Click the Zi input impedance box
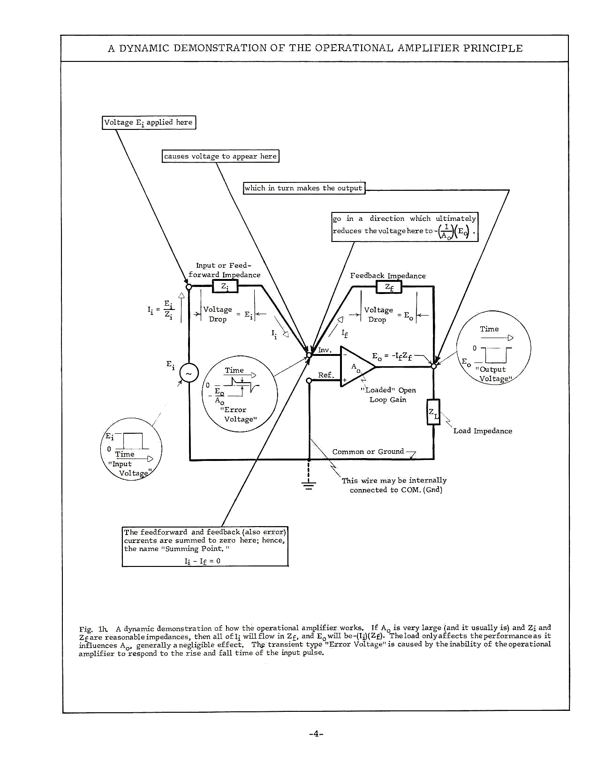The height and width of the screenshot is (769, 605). pyautogui.click(x=225, y=286)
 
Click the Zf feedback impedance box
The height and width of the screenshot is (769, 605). pyautogui.click(x=389, y=286)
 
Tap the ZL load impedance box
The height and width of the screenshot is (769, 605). pyautogui.click(x=433, y=412)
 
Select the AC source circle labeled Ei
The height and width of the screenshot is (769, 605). pyautogui.click(x=189, y=373)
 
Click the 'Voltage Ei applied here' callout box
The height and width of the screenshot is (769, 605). pyautogui.click(x=149, y=122)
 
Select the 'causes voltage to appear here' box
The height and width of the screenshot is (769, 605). pyautogui.click(x=220, y=156)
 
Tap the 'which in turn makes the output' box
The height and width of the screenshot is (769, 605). pyautogui.click(x=304, y=188)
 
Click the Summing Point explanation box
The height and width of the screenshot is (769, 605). pyautogui.click(x=205, y=546)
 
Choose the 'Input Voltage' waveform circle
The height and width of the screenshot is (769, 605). pyautogui.click(x=131, y=449)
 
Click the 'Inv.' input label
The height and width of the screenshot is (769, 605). pyautogui.click(x=325, y=350)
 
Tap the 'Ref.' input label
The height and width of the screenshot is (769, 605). pyautogui.click(x=326, y=375)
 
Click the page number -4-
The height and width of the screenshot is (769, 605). pyautogui.click(x=316, y=734)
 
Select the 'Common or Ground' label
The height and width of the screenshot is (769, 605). pyautogui.click(x=368, y=452)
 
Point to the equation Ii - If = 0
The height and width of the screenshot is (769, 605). pyautogui.click(x=203, y=561)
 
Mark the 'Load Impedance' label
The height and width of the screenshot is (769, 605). pyautogui.click(x=483, y=431)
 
